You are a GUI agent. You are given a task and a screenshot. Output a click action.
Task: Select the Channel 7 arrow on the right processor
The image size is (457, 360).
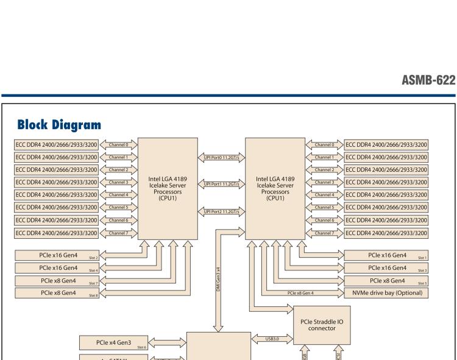[x=323, y=233]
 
